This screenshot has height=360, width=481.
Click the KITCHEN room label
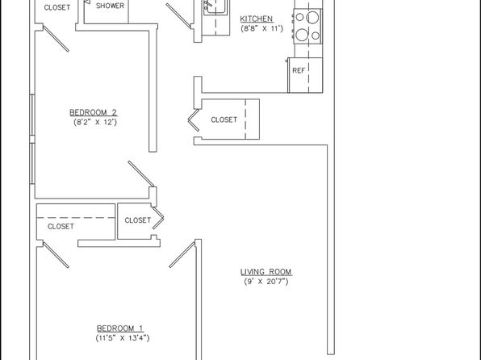(x=257, y=19)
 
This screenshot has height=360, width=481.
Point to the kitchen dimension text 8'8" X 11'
(x=262, y=29)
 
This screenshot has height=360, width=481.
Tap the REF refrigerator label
(x=299, y=70)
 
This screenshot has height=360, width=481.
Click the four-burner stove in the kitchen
(x=307, y=26)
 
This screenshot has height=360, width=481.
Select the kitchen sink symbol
(x=216, y=6)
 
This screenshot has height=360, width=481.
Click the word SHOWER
(x=110, y=6)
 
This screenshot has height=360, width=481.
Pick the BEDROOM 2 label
(x=94, y=112)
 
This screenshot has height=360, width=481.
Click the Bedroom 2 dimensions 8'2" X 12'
(x=95, y=122)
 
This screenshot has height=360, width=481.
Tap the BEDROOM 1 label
(x=120, y=329)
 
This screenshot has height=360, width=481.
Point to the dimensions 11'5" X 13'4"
(x=123, y=338)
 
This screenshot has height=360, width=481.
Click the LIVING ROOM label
(x=266, y=271)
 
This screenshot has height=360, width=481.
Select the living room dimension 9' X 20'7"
(x=266, y=282)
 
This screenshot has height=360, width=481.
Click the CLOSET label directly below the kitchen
(x=224, y=119)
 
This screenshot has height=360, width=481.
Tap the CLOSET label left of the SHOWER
(x=57, y=8)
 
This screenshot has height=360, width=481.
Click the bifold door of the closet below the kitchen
(x=194, y=120)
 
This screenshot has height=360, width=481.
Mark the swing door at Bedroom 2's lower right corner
(x=141, y=174)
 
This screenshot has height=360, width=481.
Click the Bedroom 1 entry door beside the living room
(x=182, y=254)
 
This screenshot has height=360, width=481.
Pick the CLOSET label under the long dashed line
(x=61, y=227)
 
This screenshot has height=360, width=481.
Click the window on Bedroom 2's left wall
(x=32, y=139)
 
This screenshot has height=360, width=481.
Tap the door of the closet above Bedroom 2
(x=56, y=39)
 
